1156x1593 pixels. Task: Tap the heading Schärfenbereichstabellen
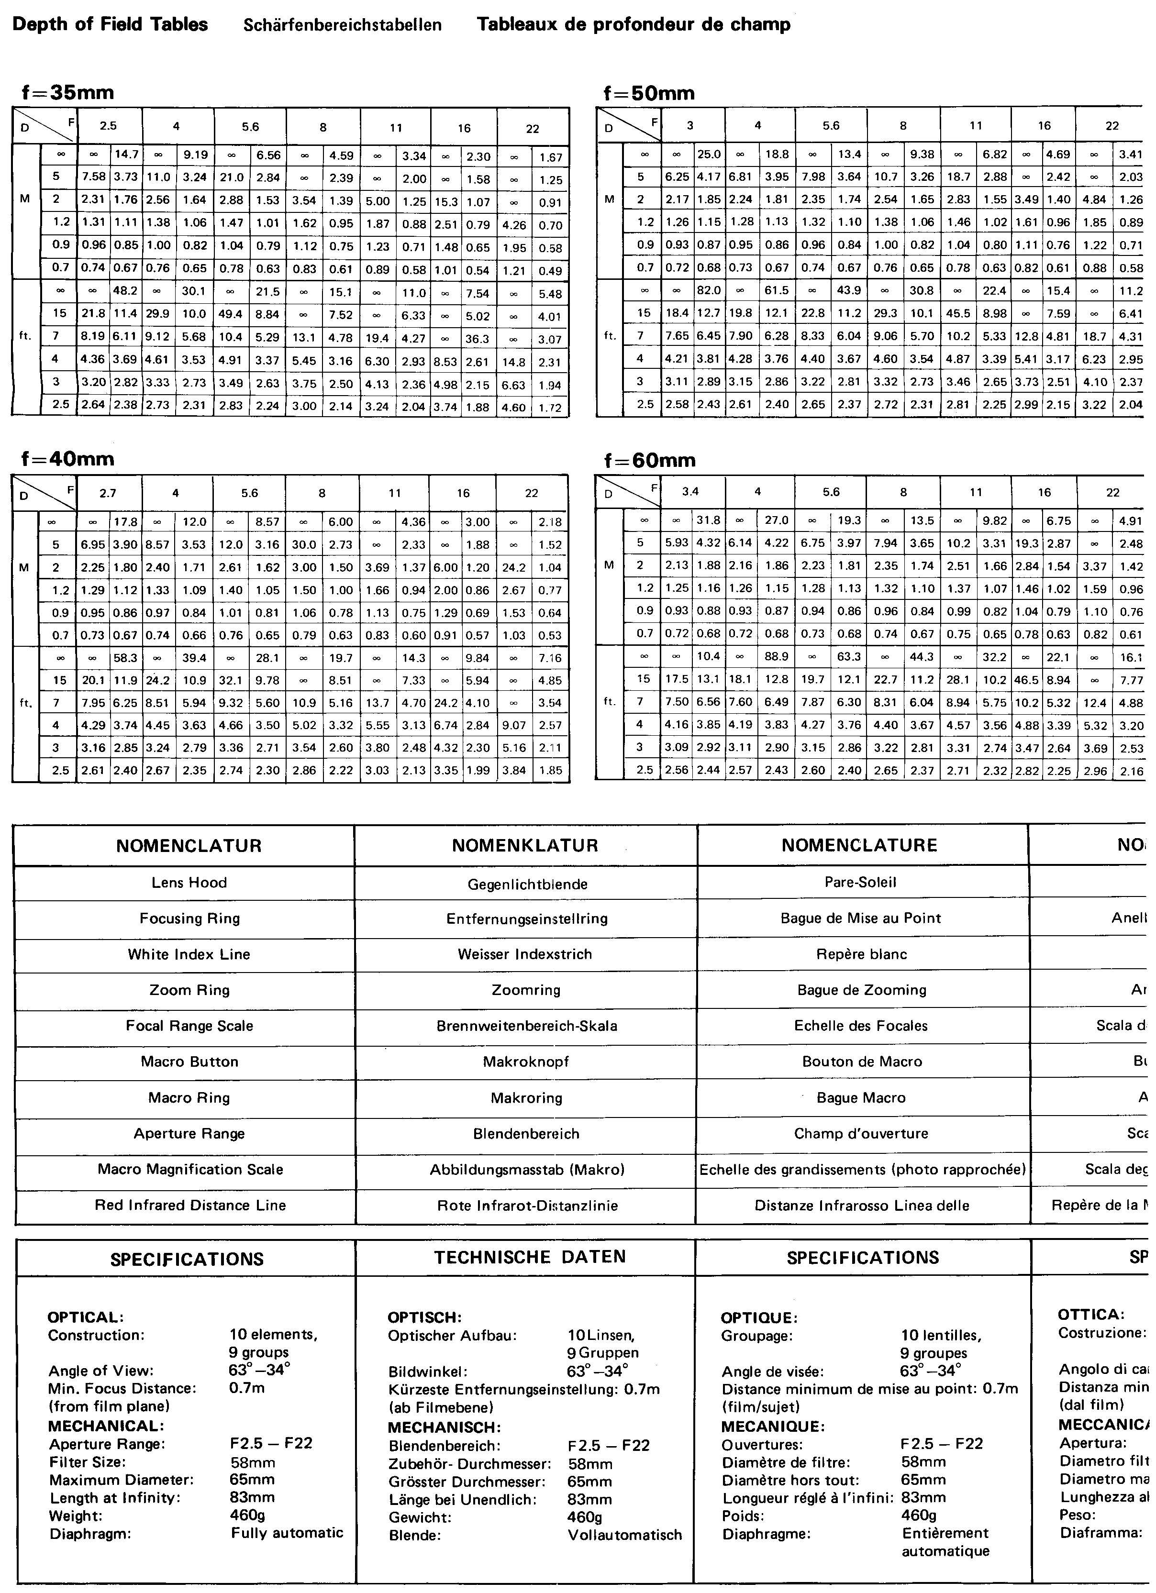tap(342, 25)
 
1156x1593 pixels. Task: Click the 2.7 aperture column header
tap(108, 493)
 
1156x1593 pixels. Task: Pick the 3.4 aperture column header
tap(691, 492)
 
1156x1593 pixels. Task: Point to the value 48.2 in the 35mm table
tap(126, 293)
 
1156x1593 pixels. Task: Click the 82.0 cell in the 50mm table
tap(708, 290)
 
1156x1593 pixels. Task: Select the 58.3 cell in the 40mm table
tap(126, 658)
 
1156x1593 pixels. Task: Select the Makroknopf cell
tap(526, 1062)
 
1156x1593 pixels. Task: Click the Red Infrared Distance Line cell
tap(190, 1206)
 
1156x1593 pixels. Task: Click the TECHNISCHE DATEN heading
tap(529, 1257)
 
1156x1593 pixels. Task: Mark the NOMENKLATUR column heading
tap(525, 845)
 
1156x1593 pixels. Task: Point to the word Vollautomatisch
tap(624, 1535)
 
